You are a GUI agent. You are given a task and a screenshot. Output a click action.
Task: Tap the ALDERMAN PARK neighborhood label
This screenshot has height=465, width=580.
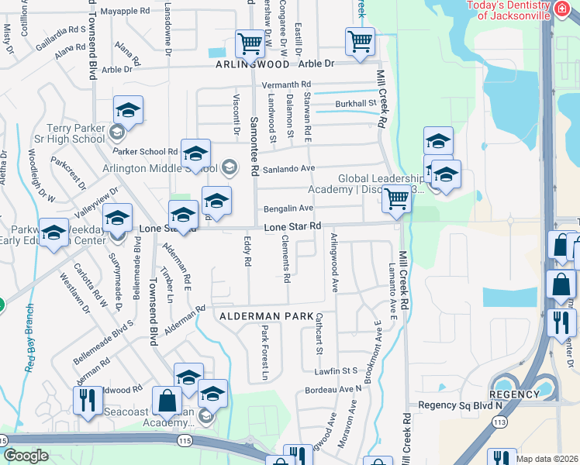[x=266, y=316]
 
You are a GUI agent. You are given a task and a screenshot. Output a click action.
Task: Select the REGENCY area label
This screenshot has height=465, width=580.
[x=515, y=394]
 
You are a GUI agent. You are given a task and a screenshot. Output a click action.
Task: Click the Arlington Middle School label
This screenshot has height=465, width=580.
[x=160, y=167]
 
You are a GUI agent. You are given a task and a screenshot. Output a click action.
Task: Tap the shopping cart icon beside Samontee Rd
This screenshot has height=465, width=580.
[x=250, y=43]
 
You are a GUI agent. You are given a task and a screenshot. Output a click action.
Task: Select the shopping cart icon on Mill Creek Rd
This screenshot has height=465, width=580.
[x=396, y=198]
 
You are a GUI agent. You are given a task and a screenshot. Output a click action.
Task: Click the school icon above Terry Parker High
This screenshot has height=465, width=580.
[x=128, y=110]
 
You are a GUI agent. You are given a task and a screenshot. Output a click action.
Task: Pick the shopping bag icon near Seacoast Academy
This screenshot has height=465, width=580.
[x=167, y=401]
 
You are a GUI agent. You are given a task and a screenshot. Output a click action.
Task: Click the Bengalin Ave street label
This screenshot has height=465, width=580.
[x=288, y=208]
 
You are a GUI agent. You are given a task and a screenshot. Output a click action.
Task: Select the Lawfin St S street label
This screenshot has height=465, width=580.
[x=336, y=371]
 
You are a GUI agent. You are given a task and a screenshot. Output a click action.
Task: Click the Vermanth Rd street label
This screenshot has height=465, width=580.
[x=286, y=84]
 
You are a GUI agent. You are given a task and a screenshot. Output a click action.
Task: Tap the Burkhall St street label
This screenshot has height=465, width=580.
[x=355, y=103]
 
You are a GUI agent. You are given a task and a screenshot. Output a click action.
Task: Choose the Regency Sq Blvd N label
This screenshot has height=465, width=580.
[x=461, y=405]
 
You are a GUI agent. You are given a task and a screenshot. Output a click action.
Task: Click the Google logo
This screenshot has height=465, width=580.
[x=26, y=455]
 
